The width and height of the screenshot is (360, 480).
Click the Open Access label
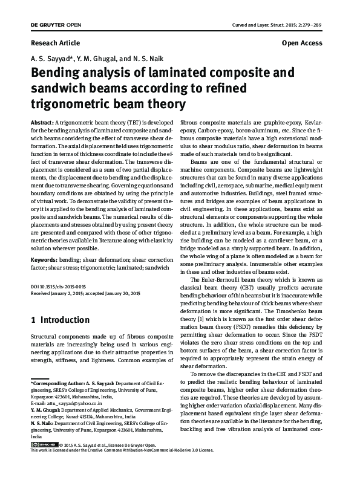pos(302,44)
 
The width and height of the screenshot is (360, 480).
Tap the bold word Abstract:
pos(42,122)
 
